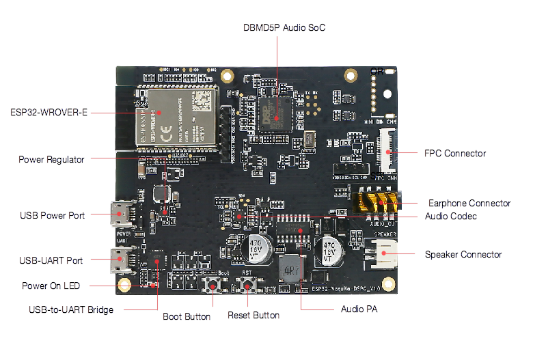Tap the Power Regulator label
51,159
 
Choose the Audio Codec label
450,216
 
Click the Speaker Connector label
463,254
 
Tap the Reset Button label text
254,315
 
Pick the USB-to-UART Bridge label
71,309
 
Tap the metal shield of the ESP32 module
177,113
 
